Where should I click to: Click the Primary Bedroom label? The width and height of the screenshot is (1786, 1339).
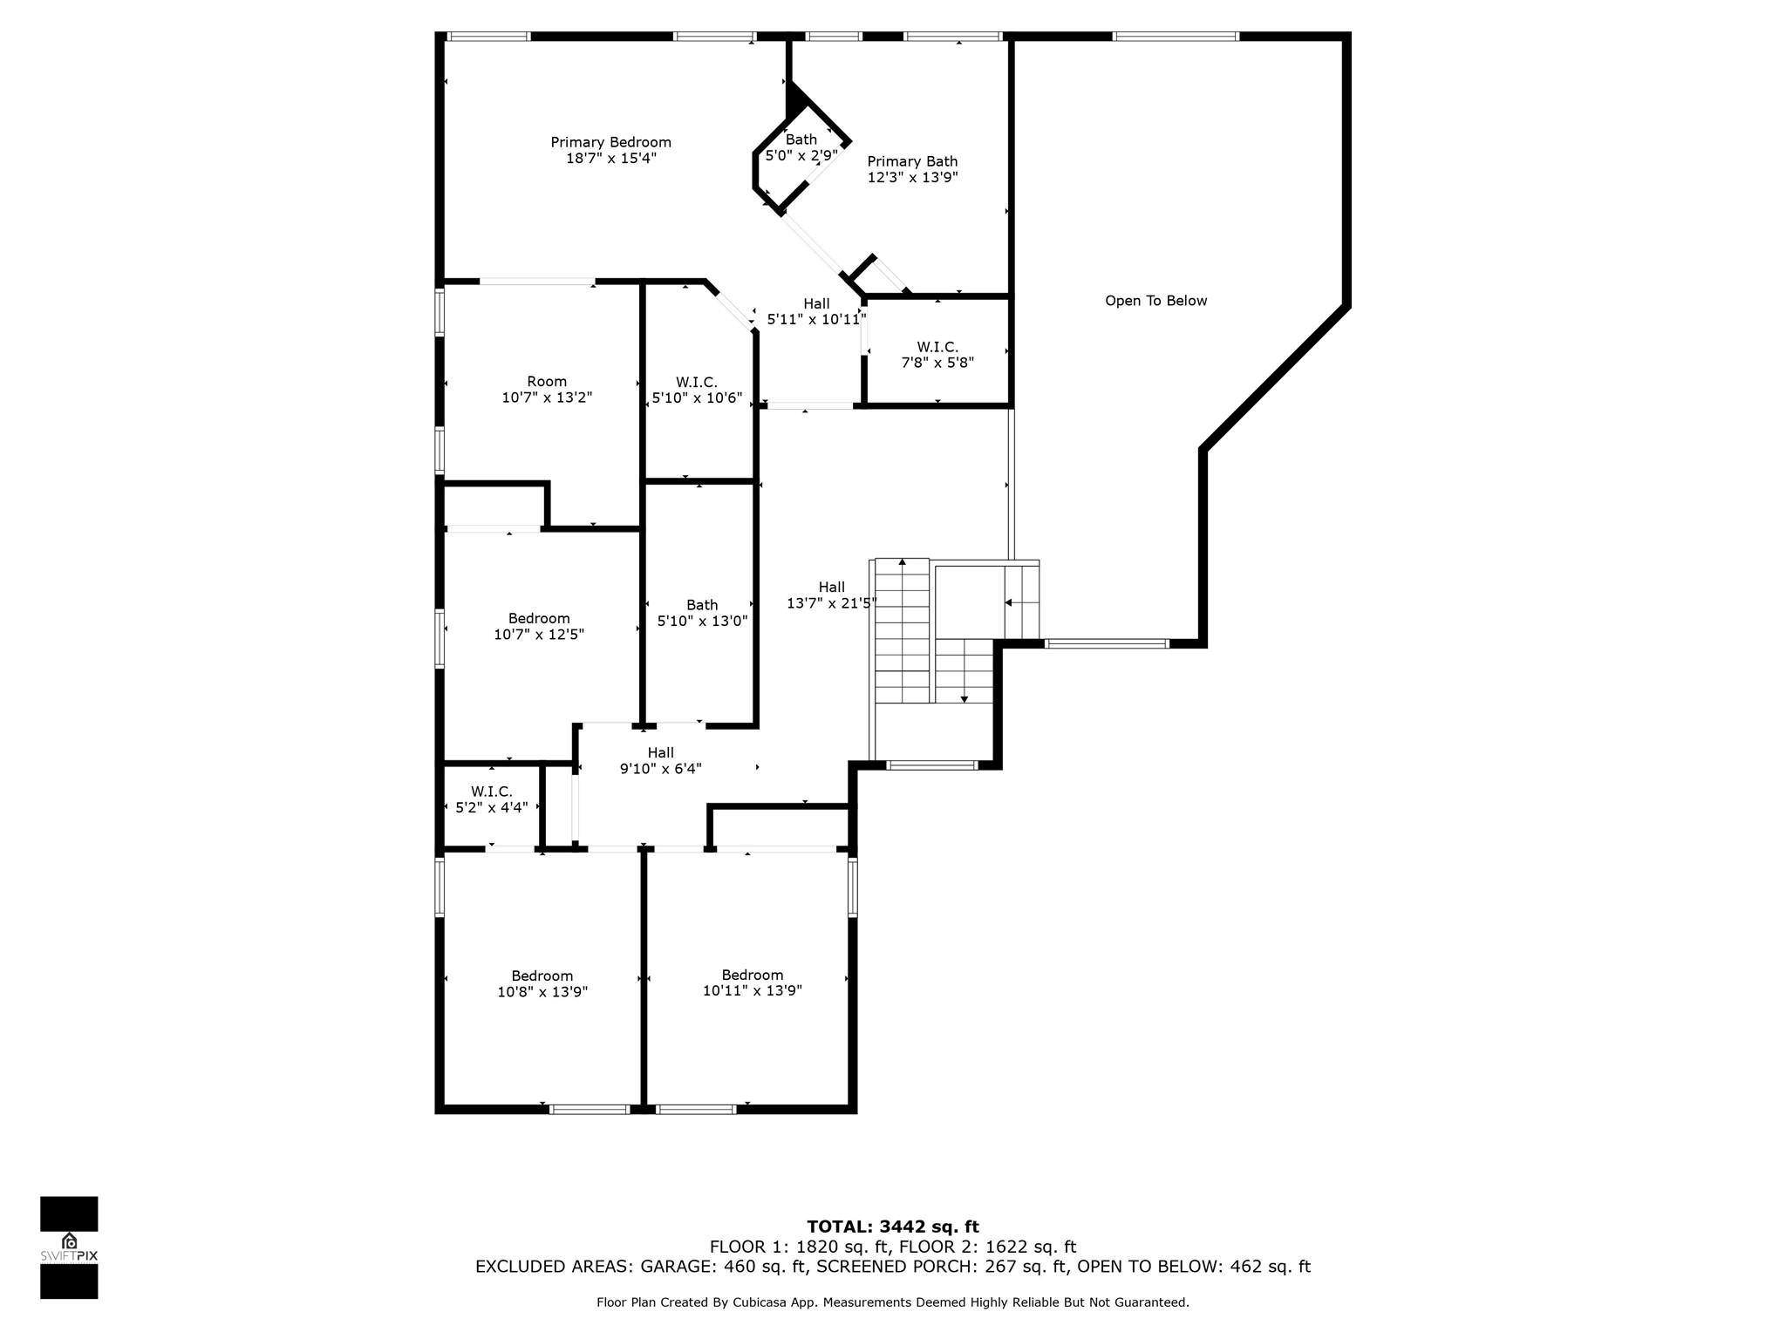(610, 142)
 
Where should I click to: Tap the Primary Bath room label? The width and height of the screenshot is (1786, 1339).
(912, 161)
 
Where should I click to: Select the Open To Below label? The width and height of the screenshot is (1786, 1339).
(1156, 301)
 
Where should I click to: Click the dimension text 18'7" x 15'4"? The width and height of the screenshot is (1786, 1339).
(610, 158)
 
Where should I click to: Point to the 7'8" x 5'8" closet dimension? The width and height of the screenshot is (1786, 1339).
(937, 363)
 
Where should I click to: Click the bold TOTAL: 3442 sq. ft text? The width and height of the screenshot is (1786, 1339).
(893, 1227)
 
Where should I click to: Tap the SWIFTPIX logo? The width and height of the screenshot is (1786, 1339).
(69, 1247)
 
